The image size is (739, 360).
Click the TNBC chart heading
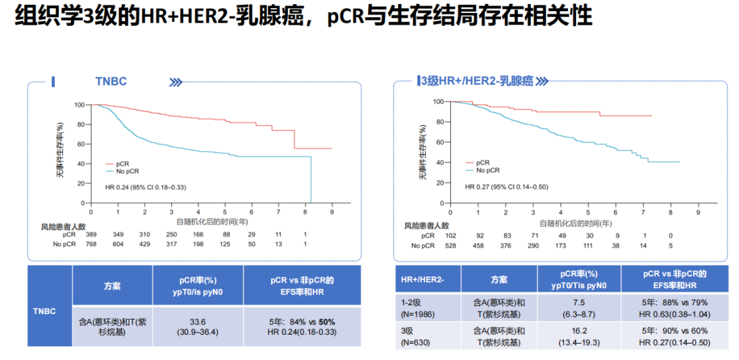pos(110,81)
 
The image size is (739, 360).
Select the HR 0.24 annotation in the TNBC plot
pos(145,187)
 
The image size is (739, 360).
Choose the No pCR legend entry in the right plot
pos(488,170)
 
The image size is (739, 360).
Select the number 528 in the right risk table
pos(452,245)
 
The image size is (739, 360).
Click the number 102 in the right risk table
pos(452,235)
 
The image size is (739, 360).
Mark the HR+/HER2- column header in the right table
pos(423,279)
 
